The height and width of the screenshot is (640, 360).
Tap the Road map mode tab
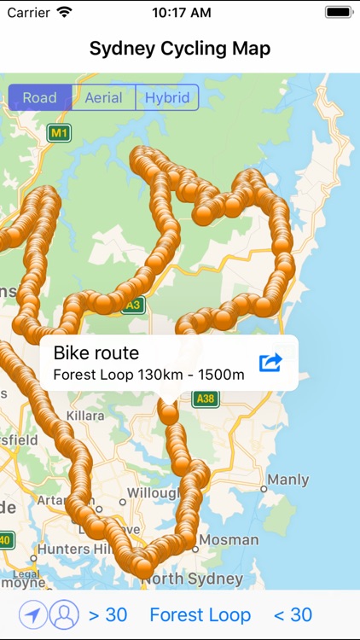[x=40, y=97]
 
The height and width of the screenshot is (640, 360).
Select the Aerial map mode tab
[x=103, y=97]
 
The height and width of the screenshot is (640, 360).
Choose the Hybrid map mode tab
[x=166, y=97]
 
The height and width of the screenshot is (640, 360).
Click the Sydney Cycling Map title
[x=180, y=48]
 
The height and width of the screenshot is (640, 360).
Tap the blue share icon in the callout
[x=270, y=363]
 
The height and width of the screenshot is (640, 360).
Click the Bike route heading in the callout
[x=96, y=352]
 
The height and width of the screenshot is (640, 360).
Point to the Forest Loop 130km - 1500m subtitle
[x=148, y=374]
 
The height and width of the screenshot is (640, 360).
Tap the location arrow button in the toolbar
[x=32, y=614]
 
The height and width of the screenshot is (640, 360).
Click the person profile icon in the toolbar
[x=62, y=614]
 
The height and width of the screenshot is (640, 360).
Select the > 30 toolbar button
[x=107, y=614]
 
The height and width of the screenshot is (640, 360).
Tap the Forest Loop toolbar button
[x=200, y=614]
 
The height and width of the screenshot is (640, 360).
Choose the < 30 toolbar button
[x=293, y=614]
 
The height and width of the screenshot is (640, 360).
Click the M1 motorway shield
[x=59, y=133]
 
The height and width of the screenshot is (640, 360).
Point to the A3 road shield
[x=132, y=304]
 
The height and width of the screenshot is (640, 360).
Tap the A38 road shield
[x=205, y=399]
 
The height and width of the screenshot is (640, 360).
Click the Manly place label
[x=287, y=480]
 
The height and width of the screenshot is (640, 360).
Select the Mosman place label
[x=229, y=540]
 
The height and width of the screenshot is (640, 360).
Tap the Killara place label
[x=83, y=416]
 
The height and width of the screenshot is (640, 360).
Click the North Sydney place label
[x=192, y=579]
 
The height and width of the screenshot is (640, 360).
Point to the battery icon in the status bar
[x=337, y=13]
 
